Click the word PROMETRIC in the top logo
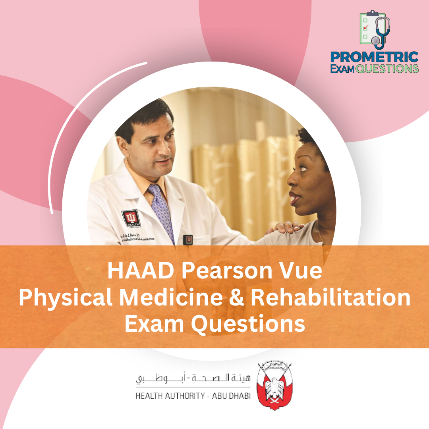(x=374, y=57)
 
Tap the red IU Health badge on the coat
(x=131, y=218)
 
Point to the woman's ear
(x=318, y=175)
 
